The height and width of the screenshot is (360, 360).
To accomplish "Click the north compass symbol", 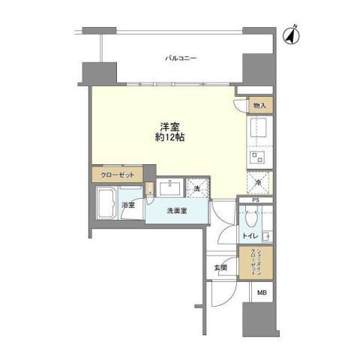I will coord(289,34).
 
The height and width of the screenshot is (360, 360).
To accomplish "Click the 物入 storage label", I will coord(259,106).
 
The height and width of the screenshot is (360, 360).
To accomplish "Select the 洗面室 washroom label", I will coord(178,211).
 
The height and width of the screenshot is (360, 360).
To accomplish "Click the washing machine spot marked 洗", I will coord(197,189).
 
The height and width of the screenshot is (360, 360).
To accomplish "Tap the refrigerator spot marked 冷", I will coord(258,183).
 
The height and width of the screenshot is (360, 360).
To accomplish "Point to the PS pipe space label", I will coord(256,200).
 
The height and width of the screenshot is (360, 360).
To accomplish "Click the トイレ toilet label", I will coord(248,236).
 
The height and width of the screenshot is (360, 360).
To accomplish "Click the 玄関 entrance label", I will coord(221,267).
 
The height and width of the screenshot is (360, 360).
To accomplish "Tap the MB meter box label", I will coord(261,293).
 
